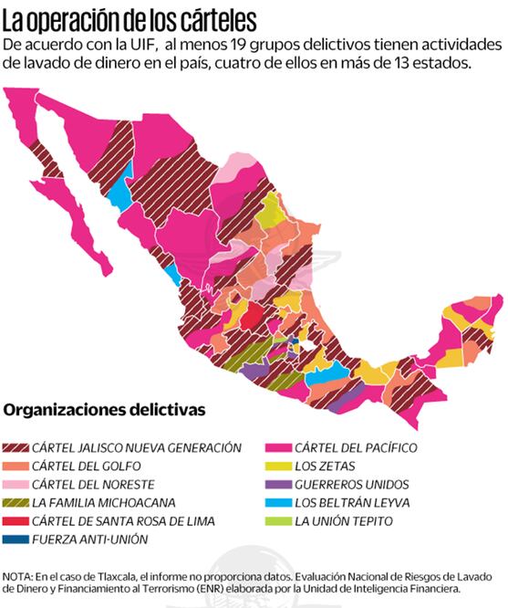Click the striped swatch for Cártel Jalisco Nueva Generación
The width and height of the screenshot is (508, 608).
tap(16, 447)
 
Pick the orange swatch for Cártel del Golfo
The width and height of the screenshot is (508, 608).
tap(16, 466)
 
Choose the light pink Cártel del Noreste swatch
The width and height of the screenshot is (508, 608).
tap(16, 484)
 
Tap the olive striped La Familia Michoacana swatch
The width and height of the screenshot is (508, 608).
tap(16, 502)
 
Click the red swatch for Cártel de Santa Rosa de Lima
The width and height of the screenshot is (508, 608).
tap(16, 520)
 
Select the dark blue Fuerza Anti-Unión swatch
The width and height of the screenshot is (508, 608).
tap(16, 540)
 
